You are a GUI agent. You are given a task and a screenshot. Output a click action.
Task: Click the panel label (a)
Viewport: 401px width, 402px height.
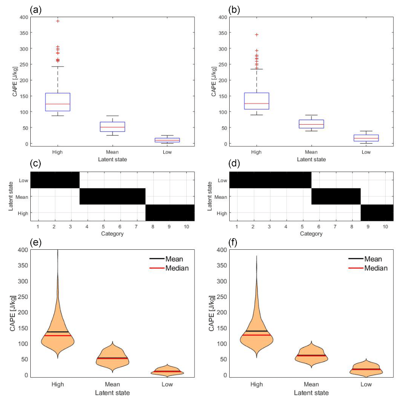point(35,9)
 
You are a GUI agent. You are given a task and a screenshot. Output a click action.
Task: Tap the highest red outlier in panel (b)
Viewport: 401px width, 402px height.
point(256,35)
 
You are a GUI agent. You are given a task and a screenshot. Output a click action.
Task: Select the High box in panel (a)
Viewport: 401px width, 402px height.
point(57,102)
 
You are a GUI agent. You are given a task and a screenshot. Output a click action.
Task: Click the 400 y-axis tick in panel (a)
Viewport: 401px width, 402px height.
point(23,17)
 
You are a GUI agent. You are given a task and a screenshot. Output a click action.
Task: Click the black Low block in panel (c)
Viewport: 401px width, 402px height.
point(55,180)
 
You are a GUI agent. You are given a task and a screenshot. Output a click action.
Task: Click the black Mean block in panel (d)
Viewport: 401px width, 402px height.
point(335,196)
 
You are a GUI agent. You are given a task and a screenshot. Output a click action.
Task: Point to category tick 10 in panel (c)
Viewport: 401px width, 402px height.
point(186,225)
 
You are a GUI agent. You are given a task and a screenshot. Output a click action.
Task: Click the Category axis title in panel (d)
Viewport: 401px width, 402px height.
point(311,234)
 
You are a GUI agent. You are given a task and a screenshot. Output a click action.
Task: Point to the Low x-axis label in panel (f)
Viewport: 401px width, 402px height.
point(366,384)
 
